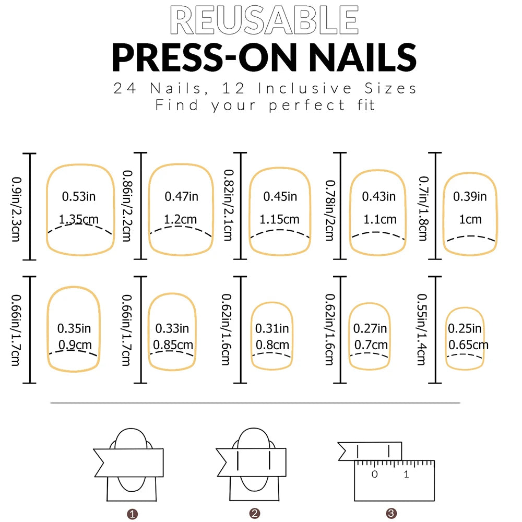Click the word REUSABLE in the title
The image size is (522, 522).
coord(264,20)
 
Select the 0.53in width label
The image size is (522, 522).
coord(79,197)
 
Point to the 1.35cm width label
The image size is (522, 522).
coord(79,219)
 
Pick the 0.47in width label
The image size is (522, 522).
coord(182,197)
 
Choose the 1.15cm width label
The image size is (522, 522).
coord(280,219)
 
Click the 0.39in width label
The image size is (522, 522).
coord(470,197)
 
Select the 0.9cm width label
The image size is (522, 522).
coord(74,345)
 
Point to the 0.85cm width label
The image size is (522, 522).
coord(173,345)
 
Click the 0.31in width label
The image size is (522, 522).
coord(272,328)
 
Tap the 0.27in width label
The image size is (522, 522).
coord(370,328)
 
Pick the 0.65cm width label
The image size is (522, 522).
coord(468,345)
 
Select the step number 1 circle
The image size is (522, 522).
coord(133,514)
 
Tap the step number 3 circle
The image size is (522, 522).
coord(391,514)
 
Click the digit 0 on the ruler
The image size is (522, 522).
coord(374,474)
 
